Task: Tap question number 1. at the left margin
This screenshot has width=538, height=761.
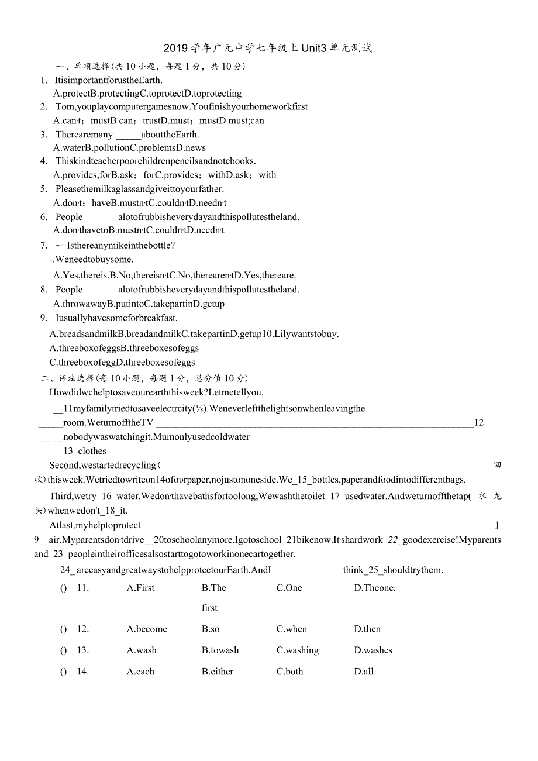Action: (44, 80)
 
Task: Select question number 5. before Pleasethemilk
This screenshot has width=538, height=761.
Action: (44, 189)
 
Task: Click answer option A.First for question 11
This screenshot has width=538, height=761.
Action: (140, 588)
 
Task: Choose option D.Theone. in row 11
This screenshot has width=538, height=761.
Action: (375, 588)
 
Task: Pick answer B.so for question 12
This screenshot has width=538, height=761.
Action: (211, 629)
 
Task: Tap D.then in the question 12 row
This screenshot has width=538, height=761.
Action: (367, 629)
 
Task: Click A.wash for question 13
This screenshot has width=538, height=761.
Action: (142, 650)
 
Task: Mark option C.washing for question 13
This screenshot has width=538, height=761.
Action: (298, 650)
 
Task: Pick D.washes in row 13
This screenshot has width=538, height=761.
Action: (373, 650)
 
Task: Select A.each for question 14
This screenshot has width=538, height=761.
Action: (140, 672)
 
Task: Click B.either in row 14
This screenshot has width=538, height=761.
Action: (218, 672)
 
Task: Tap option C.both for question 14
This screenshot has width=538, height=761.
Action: (290, 672)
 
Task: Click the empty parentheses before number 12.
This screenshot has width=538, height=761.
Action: (64, 629)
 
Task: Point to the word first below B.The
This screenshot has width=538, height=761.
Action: (209, 608)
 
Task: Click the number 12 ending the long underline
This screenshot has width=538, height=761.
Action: (479, 423)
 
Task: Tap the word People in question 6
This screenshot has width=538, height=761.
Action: (69, 217)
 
